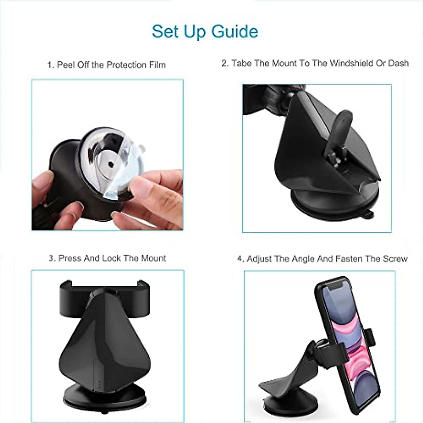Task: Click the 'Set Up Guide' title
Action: pos(205,31)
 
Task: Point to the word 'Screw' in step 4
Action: pos(395,259)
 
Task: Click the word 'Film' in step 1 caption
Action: pos(157,65)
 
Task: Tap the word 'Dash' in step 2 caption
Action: pos(398,63)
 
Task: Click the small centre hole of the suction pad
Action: pos(111,164)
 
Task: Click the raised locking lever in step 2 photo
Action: pos(340,127)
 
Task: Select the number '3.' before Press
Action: pos(52,258)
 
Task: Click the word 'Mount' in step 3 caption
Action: pos(153,258)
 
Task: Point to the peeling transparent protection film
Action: pos(122,183)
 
